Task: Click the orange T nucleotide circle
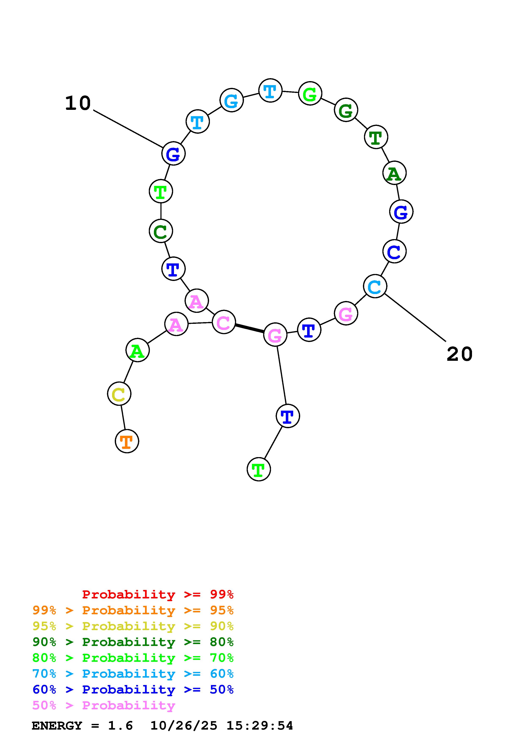pos(127,441)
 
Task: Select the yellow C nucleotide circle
pos(119,394)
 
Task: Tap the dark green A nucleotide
pos(394,173)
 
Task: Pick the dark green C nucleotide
pos(161,231)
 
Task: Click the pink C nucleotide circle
pos(224,322)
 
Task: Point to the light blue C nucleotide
pos(375,286)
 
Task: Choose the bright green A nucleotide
pos(138,350)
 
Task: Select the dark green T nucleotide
pos(376,137)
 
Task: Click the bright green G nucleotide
pos(310,94)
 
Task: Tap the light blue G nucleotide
pos(231,100)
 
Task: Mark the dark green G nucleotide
pos(346,110)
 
